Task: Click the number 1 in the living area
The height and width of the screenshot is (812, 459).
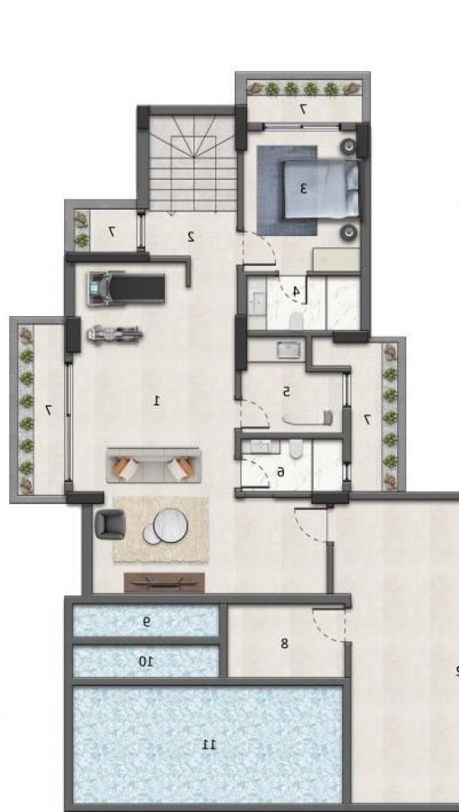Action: point(157,400)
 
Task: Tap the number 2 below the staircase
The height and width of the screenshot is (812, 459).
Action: point(191,237)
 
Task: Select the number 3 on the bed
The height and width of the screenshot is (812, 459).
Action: point(303,189)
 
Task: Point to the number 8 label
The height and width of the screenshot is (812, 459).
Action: point(284,643)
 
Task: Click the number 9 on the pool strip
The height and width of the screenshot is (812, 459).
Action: point(147,622)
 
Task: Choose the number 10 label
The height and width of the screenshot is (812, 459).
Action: point(146,662)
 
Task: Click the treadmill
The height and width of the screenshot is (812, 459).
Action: point(126,288)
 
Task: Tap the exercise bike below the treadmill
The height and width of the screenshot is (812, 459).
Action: point(115,334)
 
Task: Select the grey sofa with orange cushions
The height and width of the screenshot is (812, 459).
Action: point(154,465)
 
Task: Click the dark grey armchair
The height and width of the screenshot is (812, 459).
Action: point(110,524)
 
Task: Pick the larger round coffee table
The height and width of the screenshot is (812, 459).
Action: point(170,525)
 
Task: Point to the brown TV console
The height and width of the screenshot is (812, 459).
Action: point(164,583)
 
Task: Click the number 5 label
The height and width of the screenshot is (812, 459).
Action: point(287,392)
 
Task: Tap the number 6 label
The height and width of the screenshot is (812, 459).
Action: point(281,471)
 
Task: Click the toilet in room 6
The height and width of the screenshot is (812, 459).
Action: point(296,448)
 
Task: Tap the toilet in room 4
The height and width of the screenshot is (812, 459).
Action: point(296,321)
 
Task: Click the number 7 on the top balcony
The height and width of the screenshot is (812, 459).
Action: point(303,109)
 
